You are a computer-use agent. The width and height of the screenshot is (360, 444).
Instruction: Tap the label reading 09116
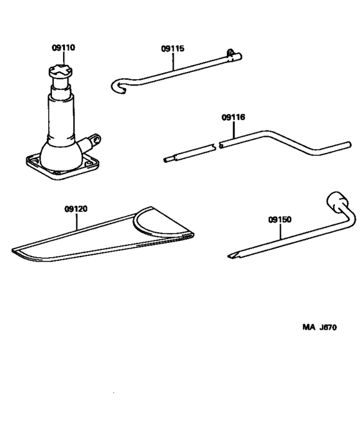point(233,118)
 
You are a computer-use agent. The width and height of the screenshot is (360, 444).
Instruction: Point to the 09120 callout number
point(76,209)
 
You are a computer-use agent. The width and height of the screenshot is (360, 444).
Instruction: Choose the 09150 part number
point(280,219)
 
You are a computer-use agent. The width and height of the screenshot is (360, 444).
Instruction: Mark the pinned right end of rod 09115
point(233,57)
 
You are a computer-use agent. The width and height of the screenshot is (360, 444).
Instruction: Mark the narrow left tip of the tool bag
point(19,249)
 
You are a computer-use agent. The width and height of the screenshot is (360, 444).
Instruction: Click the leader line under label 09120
point(76,222)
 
